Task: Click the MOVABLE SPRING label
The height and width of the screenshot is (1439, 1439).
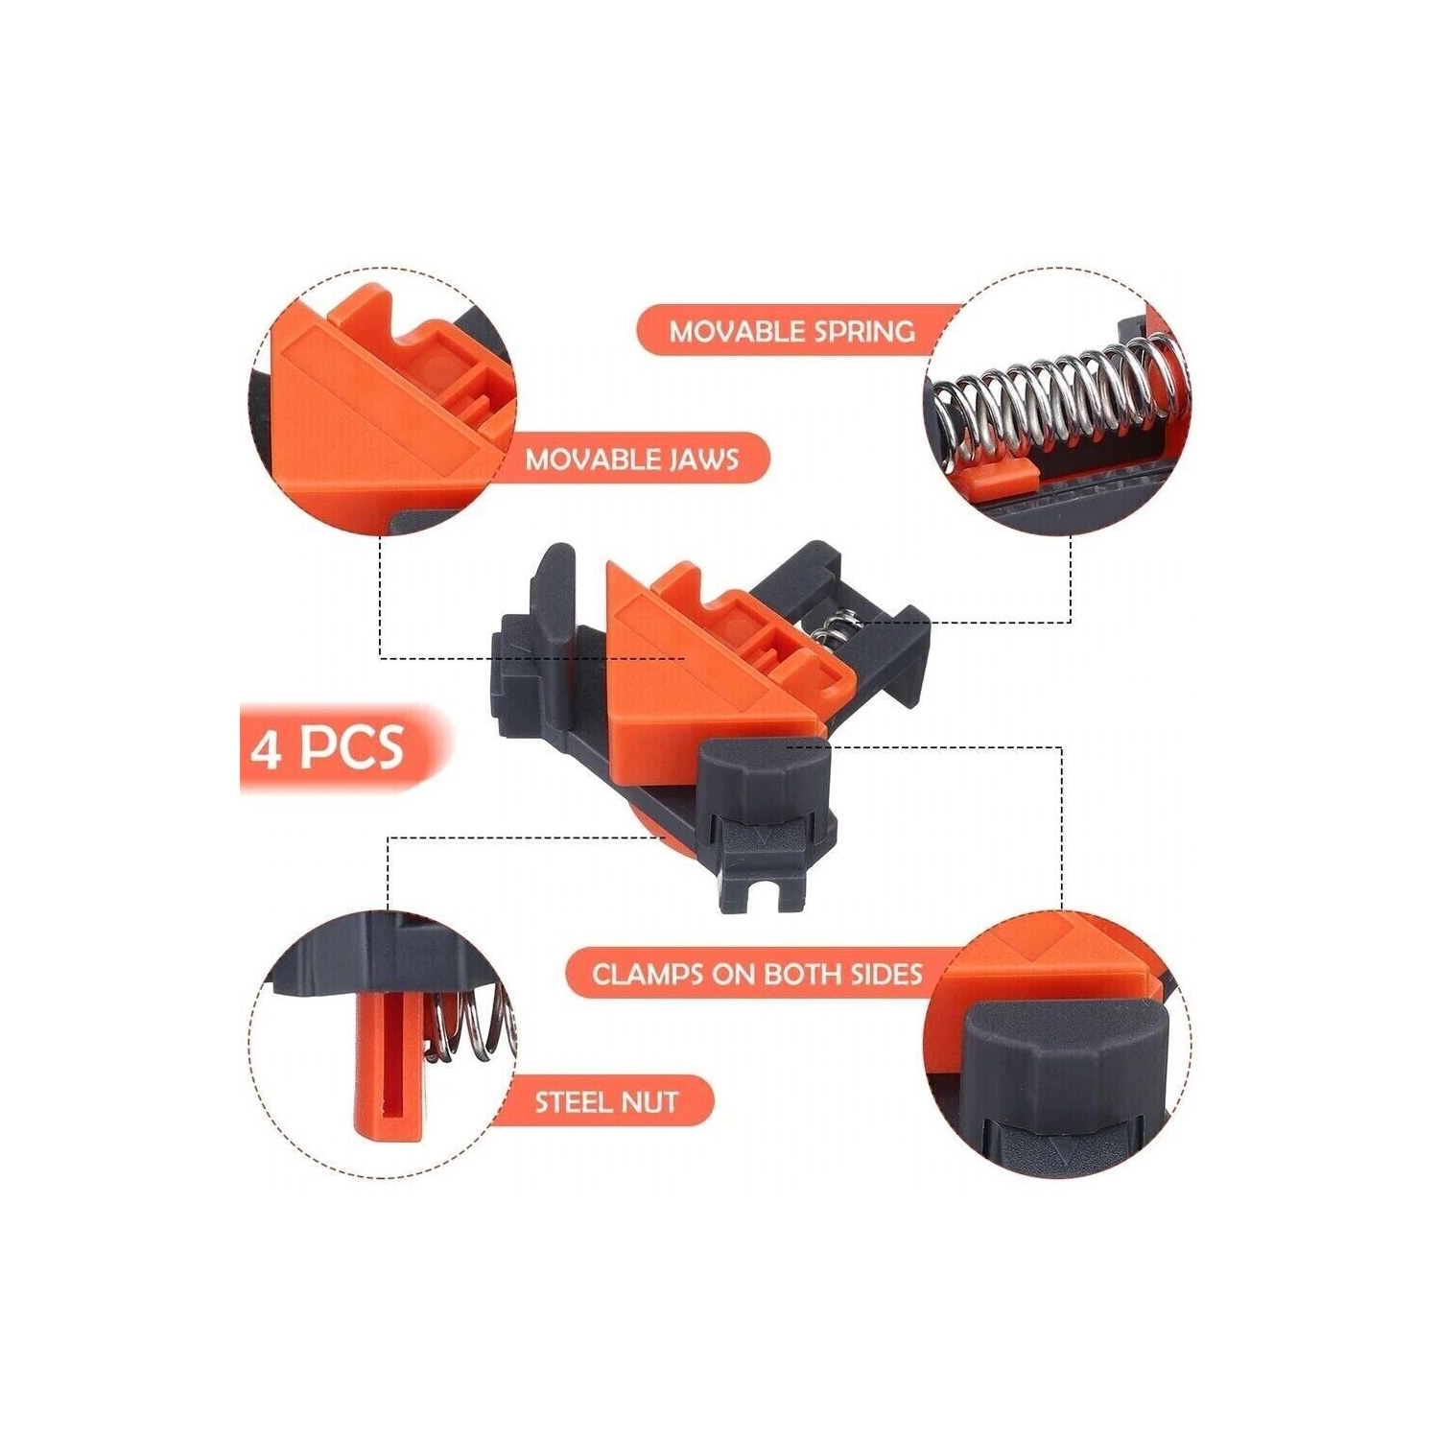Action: [791, 331]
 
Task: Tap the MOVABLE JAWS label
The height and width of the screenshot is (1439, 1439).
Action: [632, 459]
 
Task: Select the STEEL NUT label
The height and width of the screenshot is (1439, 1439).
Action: [606, 1101]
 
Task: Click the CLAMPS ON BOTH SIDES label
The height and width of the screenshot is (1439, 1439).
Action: [757, 974]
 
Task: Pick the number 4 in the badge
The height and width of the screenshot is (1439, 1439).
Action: [266, 748]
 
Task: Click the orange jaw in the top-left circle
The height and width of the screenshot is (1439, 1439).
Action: [384, 403]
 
